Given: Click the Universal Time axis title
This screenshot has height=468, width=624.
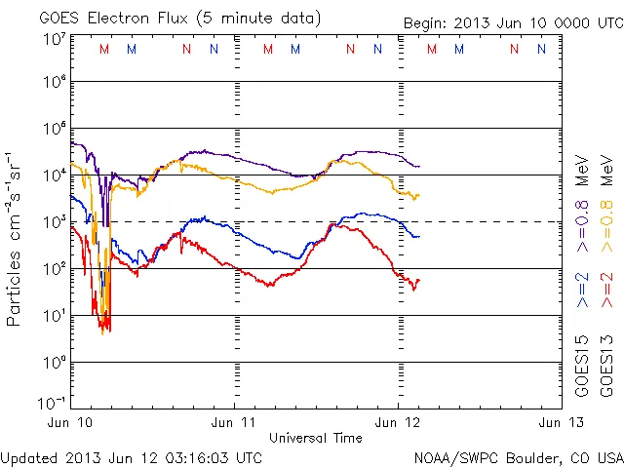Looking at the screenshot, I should pyautogui.click(x=315, y=438).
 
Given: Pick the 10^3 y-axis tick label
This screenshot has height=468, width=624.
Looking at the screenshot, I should pyautogui.click(x=53, y=222).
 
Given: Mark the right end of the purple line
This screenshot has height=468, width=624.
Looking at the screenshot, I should pyautogui.click(x=419, y=166).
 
